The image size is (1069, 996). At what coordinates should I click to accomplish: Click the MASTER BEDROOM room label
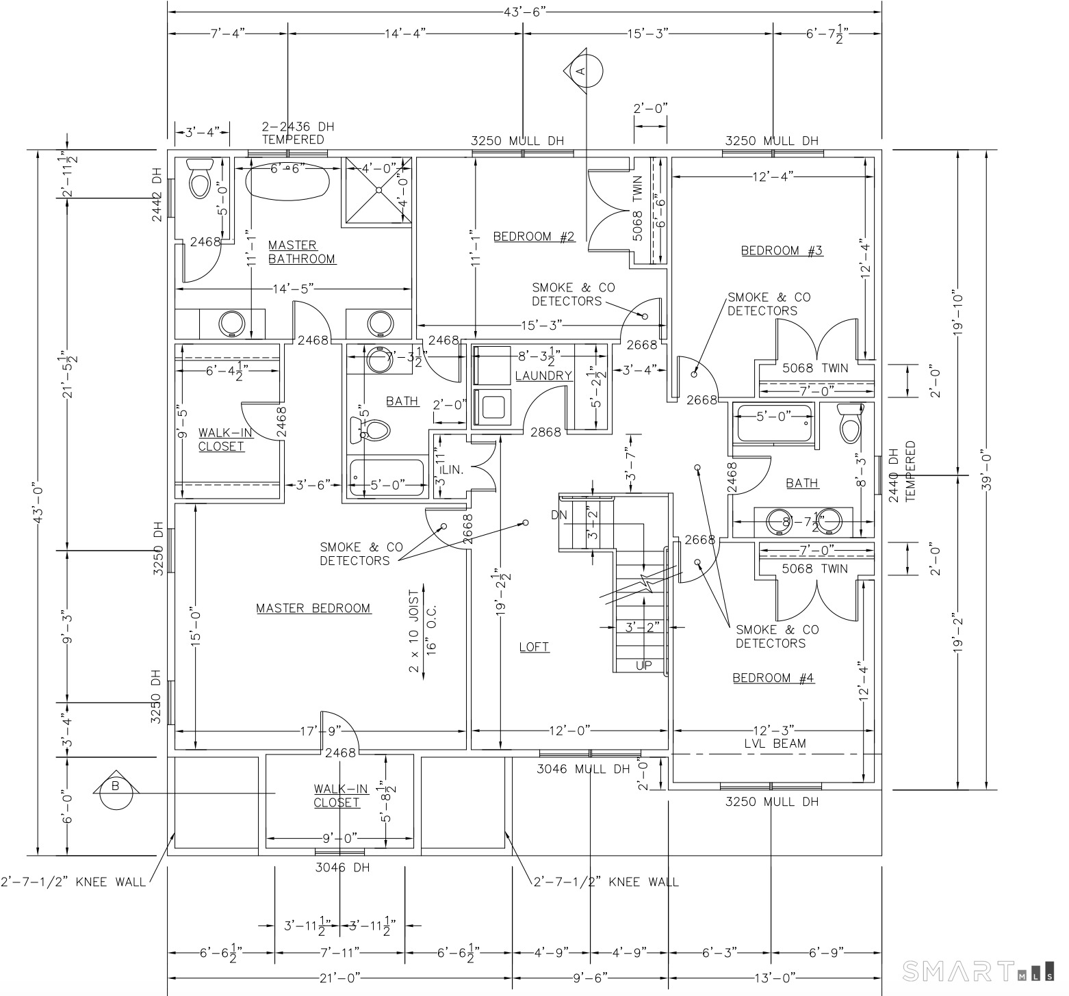(313, 608)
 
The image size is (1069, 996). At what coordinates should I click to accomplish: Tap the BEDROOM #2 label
(534, 237)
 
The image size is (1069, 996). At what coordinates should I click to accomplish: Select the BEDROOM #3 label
(782, 250)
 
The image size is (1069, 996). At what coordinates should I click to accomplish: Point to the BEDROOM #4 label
(773, 678)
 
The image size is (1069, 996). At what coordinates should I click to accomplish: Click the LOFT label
(534, 646)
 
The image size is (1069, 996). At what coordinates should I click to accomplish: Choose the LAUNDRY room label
(543, 376)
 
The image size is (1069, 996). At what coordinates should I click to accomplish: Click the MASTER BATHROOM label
(301, 252)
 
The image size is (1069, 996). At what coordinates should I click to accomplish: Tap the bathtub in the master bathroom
(287, 179)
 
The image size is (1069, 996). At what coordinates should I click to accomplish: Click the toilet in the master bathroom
(200, 179)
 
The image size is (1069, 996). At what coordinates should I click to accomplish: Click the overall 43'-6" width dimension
(524, 11)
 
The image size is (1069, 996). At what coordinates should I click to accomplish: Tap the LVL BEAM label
(775, 744)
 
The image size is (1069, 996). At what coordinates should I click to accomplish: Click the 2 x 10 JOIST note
(415, 629)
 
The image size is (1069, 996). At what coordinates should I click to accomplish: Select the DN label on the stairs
(559, 514)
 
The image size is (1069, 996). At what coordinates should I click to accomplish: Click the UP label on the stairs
(644, 665)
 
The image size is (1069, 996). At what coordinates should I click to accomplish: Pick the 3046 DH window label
(342, 867)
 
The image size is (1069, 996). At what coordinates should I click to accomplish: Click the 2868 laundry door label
(545, 432)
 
